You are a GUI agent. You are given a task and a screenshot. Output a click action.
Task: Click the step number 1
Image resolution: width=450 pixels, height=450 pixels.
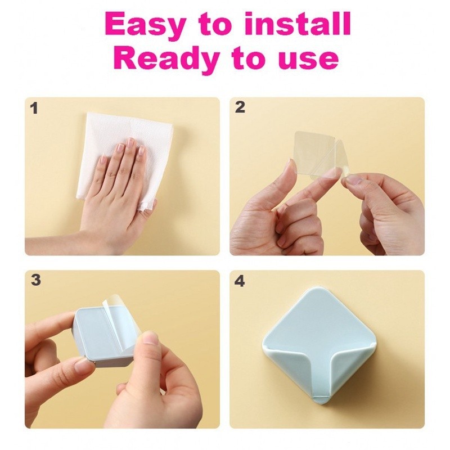point(34,108)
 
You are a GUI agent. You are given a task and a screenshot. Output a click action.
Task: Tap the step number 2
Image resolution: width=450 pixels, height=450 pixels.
point(240,107)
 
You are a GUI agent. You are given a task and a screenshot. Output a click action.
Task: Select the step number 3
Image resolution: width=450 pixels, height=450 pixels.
point(35,280)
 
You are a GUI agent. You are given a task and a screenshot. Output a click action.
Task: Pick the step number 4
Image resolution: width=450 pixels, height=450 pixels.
point(240,281)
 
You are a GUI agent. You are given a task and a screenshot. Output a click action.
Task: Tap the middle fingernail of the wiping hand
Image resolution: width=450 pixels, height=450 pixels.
point(131,142)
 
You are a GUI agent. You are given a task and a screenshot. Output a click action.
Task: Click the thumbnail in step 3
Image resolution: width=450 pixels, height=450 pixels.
point(150,338)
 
